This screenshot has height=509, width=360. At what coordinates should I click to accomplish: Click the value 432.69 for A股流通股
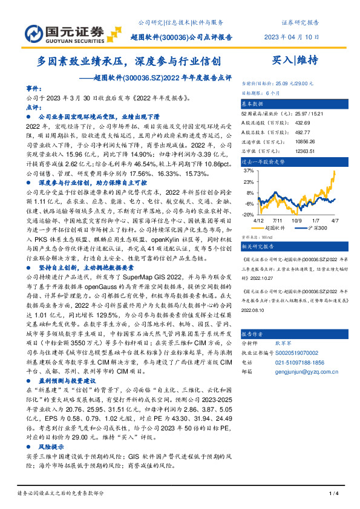coord(303,122)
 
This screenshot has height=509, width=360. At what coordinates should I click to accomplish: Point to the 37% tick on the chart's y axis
coord(248,171)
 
